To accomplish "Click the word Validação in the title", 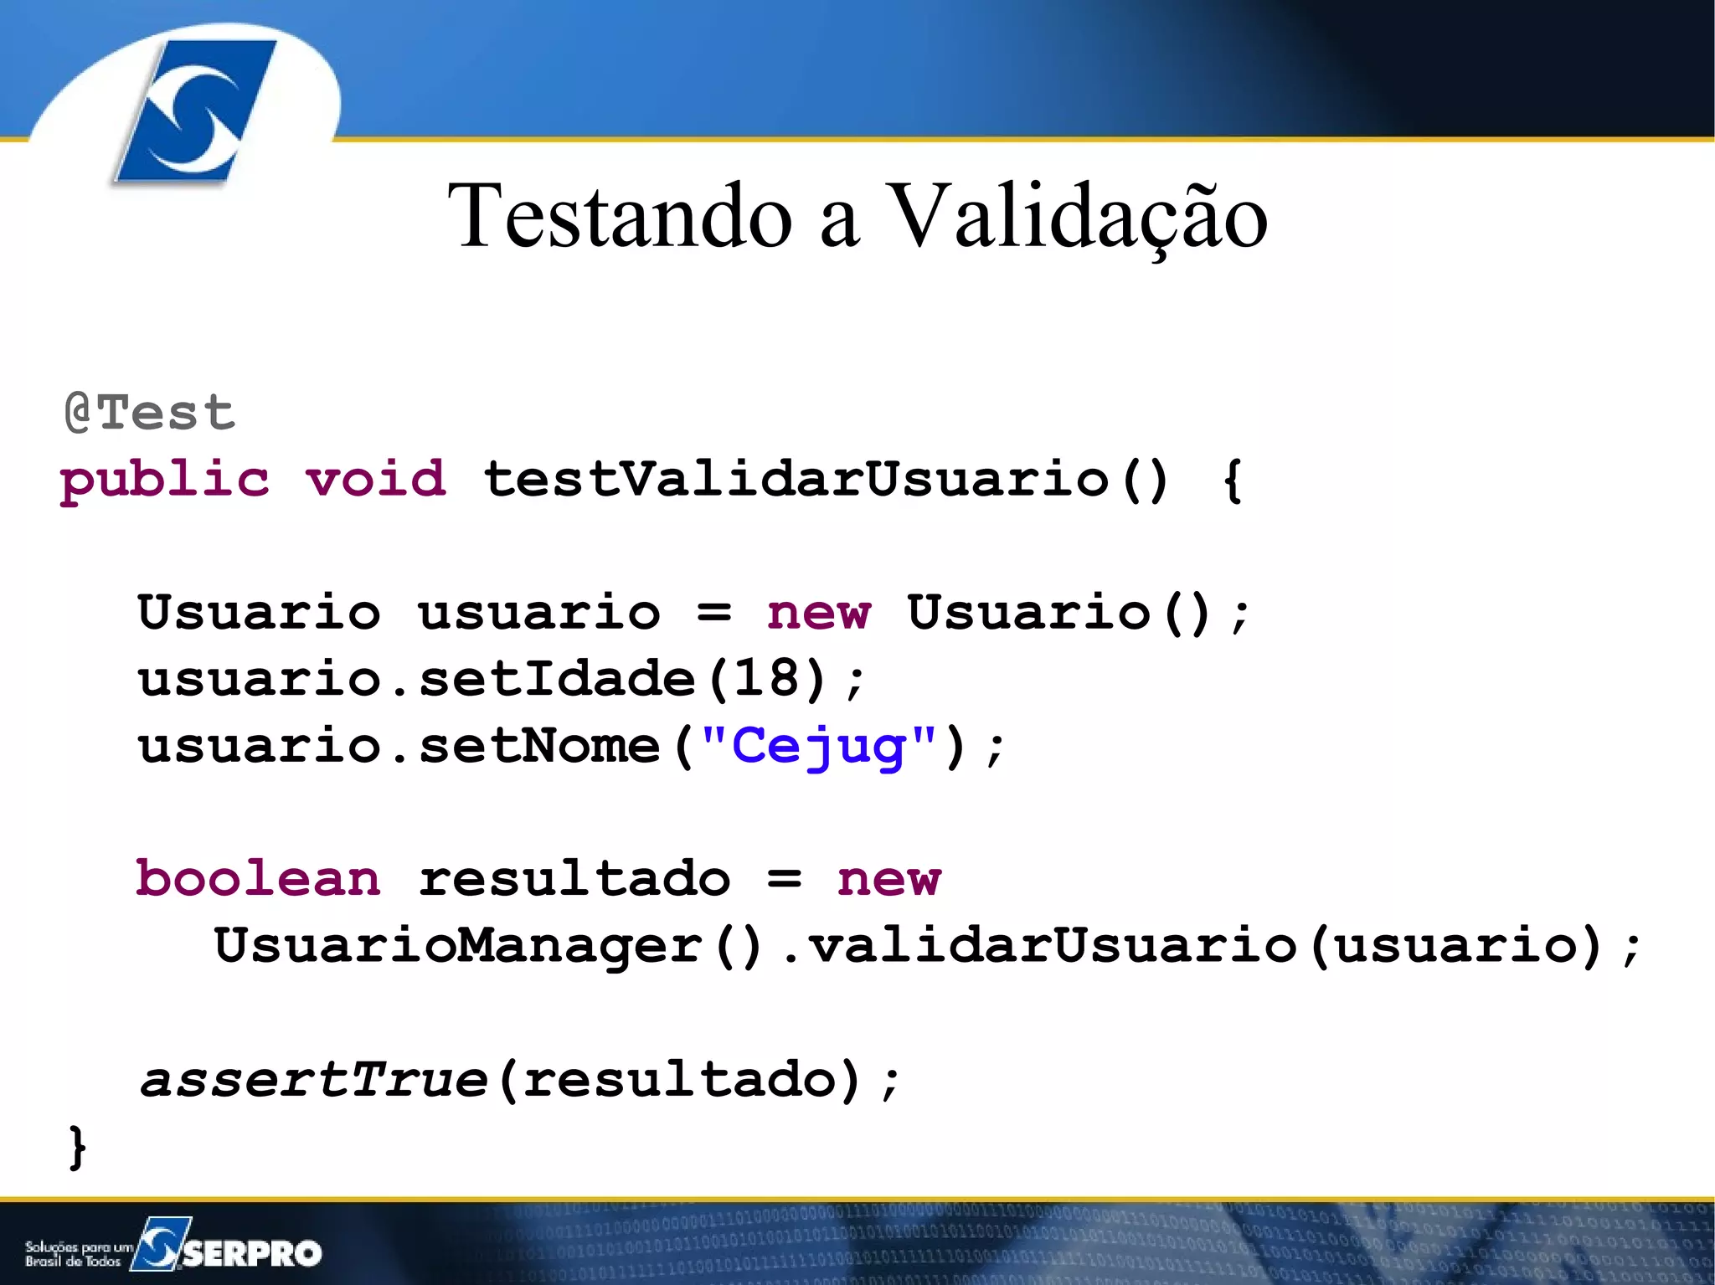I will pyautogui.click(x=1076, y=218).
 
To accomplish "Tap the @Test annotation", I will pyautogui.click(x=151, y=412).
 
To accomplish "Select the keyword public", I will pyautogui.click(x=165, y=481).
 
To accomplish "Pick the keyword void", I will pyautogui.click(x=375, y=479).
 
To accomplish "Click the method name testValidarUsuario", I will pyautogui.click(x=796, y=479).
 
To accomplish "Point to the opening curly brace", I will pyautogui.click(x=1232, y=481).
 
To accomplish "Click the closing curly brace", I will pyautogui.click(x=77, y=1146).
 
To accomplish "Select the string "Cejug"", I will pyautogui.click(x=818, y=745).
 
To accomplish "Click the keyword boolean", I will pyautogui.click(x=258, y=879).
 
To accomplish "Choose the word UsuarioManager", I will pyautogui.click(x=458, y=945).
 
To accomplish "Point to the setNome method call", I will pyautogui.click(x=539, y=745).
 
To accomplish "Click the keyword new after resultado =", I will pyautogui.click(x=888, y=879).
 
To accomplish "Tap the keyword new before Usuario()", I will pyautogui.click(x=819, y=613).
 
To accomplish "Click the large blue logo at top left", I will pyautogui.click(x=194, y=111).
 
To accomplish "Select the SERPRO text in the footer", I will pyautogui.click(x=252, y=1253).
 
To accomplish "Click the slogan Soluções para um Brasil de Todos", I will pyautogui.click(x=77, y=1254).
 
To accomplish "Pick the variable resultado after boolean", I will pyautogui.click(x=574, y=879).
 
